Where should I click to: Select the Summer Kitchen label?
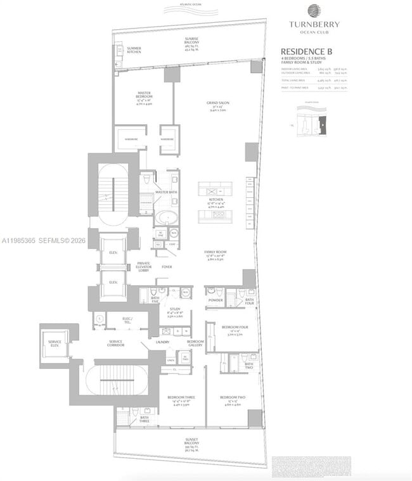point(134,49)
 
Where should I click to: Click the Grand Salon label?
point(217,103)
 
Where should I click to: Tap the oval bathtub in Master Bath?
point(167,217)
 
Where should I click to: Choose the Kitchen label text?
point(217,198)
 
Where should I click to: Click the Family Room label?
point(216,252)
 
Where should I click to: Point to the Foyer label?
point(167,267)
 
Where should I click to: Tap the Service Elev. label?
point(55,343)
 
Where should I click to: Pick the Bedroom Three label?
point(181,397)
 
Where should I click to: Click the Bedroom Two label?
point(233,397)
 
